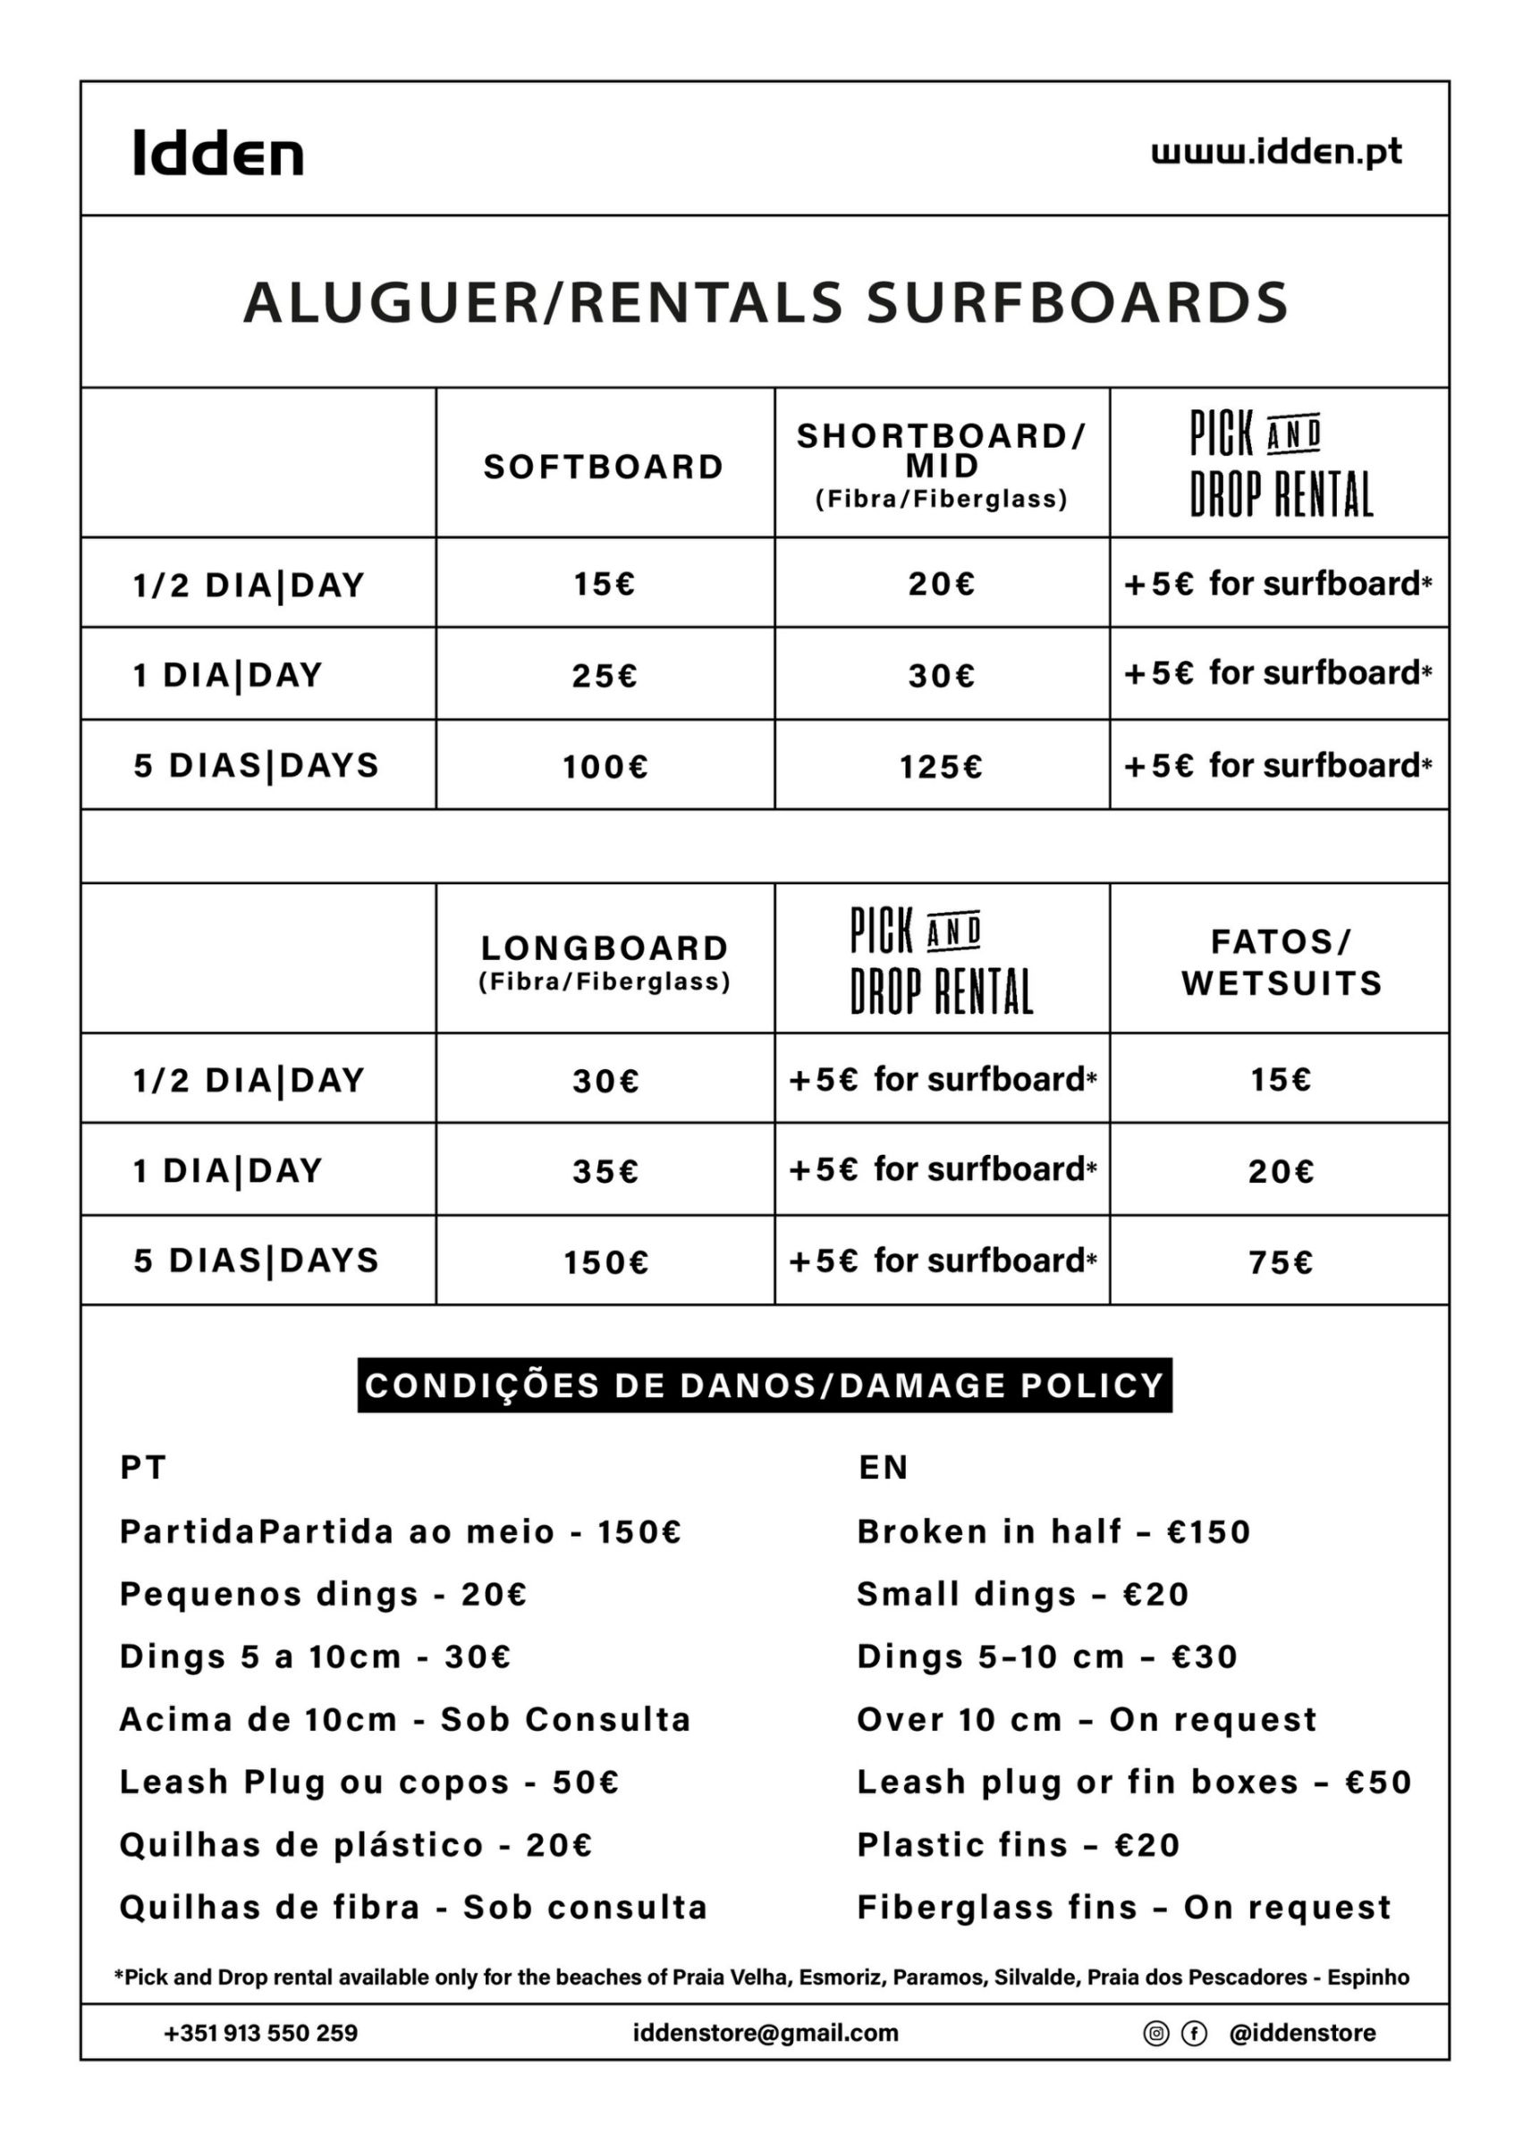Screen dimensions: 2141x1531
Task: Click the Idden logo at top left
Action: point(218,154)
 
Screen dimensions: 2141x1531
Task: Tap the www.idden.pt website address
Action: point(1276,152)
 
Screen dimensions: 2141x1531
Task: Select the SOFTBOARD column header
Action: point(604,467)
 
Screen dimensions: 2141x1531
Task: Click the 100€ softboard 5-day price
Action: point(605,767)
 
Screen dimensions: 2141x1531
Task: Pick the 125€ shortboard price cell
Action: point(941,767)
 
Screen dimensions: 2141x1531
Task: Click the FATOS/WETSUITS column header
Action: point(1281,962)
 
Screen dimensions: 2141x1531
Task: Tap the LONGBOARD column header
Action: point(605,948)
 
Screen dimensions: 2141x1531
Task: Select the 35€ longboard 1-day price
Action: point(605,1171)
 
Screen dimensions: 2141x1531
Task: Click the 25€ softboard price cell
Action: point(605,676)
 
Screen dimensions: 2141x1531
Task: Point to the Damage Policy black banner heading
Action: point(765,1386)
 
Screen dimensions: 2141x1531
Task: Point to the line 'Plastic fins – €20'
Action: point(1019,1845)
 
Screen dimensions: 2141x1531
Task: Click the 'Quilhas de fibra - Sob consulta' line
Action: point(413,1908)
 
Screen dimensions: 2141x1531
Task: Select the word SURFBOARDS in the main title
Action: point(1077,303)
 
